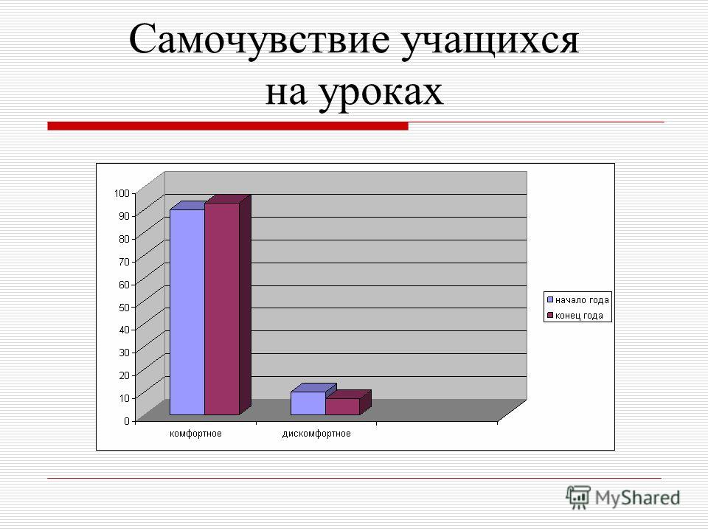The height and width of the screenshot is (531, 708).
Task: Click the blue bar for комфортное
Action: point(187,312)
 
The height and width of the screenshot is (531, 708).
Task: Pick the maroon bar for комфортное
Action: point(222,309)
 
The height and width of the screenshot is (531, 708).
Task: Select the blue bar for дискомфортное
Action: point(308,403)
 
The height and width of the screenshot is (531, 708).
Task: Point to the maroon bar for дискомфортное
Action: point(342,406)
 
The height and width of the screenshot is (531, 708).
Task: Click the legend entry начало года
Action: point(577,300)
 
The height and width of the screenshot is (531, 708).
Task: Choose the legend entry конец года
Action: point(575,315)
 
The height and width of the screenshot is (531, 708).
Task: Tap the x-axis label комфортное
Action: point(195,434)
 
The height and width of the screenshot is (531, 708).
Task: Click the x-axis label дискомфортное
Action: point(316,434)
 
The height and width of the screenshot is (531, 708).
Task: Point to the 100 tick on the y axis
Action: point(122,193)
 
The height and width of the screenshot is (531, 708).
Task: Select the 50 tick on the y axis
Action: point(124,307)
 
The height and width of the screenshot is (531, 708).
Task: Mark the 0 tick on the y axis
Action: point(127,421)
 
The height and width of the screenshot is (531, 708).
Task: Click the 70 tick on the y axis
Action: point(124,261)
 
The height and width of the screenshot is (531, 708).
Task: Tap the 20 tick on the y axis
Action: point(124,375)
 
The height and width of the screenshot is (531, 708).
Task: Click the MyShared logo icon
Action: point(578,497)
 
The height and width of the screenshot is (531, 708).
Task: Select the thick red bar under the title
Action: point(228,126)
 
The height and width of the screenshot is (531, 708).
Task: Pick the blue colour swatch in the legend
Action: point(550,299)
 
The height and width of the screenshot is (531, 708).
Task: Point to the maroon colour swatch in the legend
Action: point(550,315)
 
